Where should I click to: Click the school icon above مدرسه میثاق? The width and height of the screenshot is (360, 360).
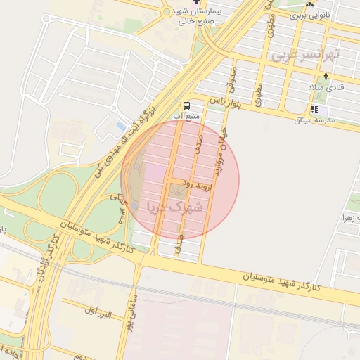coord(314,110)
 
